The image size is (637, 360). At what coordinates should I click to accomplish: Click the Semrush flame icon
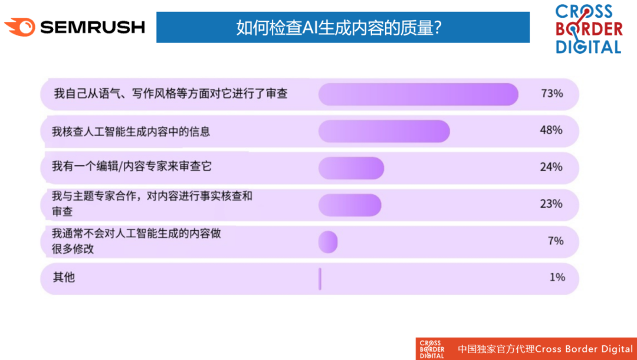pyautogui.click(x=19, y=27)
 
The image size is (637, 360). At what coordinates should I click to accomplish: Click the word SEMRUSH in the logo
pyautogui.click(x=93, y=27)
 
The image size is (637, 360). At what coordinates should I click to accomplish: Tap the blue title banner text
pyautogui.click(x=339, y=28)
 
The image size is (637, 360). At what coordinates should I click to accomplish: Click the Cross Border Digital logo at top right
pyautogui.click(x=589, y=29)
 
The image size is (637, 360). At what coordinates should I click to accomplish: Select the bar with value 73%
pyautogui.click(x=418, y=94)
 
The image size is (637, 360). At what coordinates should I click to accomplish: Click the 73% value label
pyautogui.click(x=551, y=93)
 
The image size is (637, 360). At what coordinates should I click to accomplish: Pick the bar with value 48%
pyautogui.click(x=384, y=131)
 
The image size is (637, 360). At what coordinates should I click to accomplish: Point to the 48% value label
pyautogui.click(x=551, y=130)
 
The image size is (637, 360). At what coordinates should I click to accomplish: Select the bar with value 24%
pyautogui.click(x=351, y=168)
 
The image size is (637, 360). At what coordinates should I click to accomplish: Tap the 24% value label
pyautogui.click(x=551, y=166)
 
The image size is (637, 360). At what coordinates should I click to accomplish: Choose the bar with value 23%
pyautogui.click(x=350, y=205)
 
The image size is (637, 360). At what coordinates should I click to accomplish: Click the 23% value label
pyautogui.click(x=551, y=204)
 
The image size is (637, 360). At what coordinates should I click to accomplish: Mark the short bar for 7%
pyautogui.click(x=328, y=242)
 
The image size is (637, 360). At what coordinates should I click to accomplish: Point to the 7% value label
pyautogui.click(x=556, y=241)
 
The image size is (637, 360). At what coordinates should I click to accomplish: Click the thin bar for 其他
pyautogui.click(x=320, y=279)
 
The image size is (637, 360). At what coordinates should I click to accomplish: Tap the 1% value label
pyautogui.click(x=557, y=277)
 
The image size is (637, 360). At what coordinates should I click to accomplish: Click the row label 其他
pyautogui.click(x=64, y=277)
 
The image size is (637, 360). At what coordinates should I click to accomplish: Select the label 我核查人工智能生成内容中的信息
pyautogui.click(x=131, y=132)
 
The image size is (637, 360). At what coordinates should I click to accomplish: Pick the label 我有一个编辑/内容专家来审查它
pyautogui.click(x=132, y=166)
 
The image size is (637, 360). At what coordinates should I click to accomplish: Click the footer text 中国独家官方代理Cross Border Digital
pyautogui.click(x=545, y=349)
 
